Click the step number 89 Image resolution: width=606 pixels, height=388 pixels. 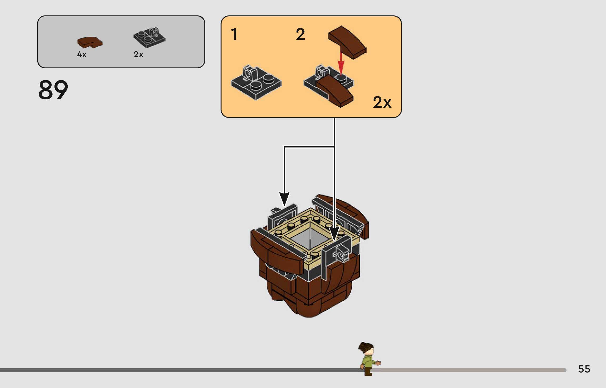coord(53,90)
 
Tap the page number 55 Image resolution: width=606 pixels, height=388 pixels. coord(584,369)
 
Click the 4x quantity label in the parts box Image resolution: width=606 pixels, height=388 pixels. coord(82,54)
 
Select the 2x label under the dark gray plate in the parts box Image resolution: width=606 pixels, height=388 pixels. coord(138,54)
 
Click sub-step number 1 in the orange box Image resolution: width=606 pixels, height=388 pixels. coord(234,34)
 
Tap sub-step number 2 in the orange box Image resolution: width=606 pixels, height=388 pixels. coord(300,34)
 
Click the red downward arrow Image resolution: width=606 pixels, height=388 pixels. coord(341,63)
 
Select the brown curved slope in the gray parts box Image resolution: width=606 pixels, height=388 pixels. coord(89,42)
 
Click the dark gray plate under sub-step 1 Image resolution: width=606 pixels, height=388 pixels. coord(256,83)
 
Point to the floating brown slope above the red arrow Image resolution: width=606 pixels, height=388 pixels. coord(347,42)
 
